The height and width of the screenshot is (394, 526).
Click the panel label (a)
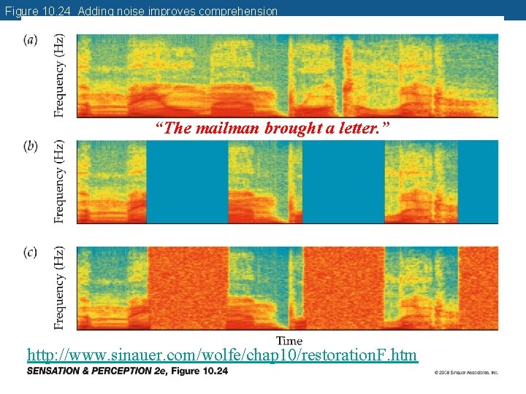click(31, 39)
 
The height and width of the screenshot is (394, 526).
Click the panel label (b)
click(31, 146)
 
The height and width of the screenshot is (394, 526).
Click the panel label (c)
click(31, 252)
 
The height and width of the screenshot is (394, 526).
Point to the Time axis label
click(289, 341)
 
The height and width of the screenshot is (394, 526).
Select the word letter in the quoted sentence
click(362, 128)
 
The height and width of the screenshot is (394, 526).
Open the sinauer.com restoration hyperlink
click(222, 355)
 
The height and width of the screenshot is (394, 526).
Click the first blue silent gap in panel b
click(187, 182)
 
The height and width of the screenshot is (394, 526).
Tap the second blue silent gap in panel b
click(343, 182)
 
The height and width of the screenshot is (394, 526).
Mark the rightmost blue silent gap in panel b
click(478, 182)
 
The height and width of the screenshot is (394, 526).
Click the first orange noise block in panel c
click(187, 287)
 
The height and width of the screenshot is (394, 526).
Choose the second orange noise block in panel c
click(343, 287)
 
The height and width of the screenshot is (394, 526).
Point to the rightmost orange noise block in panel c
click(478, 287)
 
